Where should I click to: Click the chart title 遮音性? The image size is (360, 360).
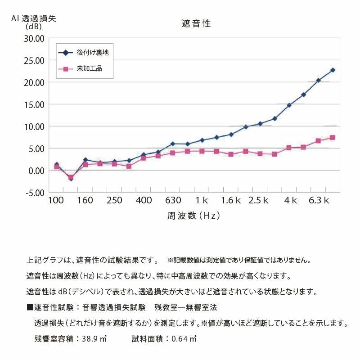[x=196, y=24]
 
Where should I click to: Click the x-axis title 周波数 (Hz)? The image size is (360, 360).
[x=193, y=216]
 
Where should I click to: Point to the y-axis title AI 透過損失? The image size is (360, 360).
[x=34, y=20]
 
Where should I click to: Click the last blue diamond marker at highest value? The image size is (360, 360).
[x=333, y=70]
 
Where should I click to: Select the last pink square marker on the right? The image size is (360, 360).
[x=333, y=138]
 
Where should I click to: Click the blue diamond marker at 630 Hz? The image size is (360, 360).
[x=173, y=144]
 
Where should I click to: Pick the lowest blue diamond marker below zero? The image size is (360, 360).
[x=71, y=179]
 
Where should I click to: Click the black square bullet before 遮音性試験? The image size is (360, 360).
[x=30, y=308]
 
